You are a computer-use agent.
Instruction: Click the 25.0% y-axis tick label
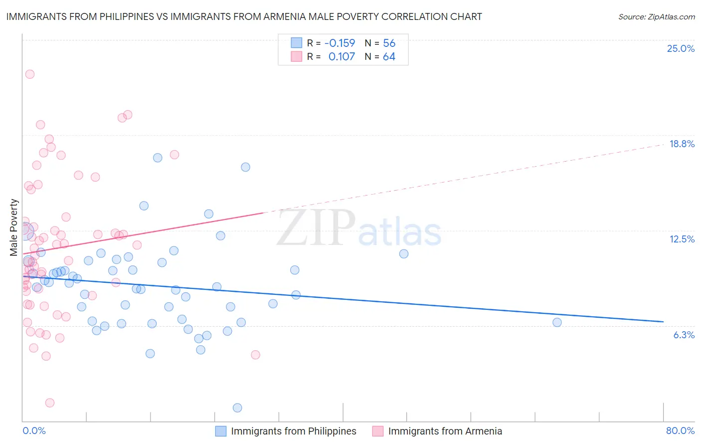click(x=681, y=48)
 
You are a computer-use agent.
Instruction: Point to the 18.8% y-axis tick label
click(x=682, y=144)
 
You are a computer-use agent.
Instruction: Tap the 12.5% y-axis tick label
click(x=682, y=239)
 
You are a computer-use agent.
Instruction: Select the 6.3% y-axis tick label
click(x=684, y=335)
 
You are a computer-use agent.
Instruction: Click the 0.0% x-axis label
click(x=34, y=431)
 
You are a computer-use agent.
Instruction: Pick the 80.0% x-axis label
click(x=680, y=431)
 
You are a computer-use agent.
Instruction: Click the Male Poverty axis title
click(x=14, y=227)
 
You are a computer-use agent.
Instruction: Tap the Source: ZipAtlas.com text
click(x=656, y=16)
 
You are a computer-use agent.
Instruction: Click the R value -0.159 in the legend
click(x=340, y=43)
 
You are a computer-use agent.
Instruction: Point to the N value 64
click(x=389, y=56)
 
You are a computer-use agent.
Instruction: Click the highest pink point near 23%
click(x=30, y=74)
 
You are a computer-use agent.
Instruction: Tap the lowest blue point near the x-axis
click(x=237, y=408)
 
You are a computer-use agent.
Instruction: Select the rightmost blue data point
click(x=557, y=322)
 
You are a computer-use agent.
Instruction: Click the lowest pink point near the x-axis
click(x=50, y=403)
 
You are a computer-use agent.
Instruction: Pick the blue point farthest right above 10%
click(x=404, y=253)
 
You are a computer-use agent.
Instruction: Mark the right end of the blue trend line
click(x=663, y=322)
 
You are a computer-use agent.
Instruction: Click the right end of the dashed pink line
click(x=663, y=144)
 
